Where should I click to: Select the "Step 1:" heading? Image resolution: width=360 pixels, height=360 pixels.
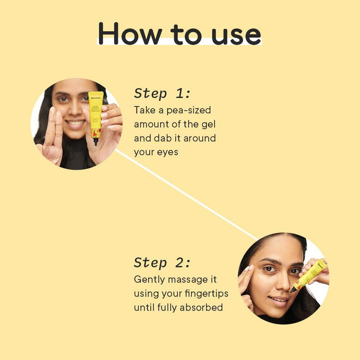(162, 93)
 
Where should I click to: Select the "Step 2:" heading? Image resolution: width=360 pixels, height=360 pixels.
(162, 263)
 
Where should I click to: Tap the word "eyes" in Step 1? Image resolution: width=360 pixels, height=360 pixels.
(168, 152)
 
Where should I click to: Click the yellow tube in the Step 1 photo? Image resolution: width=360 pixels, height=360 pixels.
(96, 115)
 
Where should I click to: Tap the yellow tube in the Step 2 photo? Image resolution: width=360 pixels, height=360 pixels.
(310, 275)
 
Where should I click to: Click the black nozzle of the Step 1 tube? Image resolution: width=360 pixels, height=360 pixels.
(96, 141)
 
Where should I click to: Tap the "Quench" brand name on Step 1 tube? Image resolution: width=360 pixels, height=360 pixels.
(96, 98)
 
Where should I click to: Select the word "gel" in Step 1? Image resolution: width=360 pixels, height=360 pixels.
(207, 124)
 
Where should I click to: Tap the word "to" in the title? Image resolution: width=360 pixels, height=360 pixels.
(185, 35)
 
